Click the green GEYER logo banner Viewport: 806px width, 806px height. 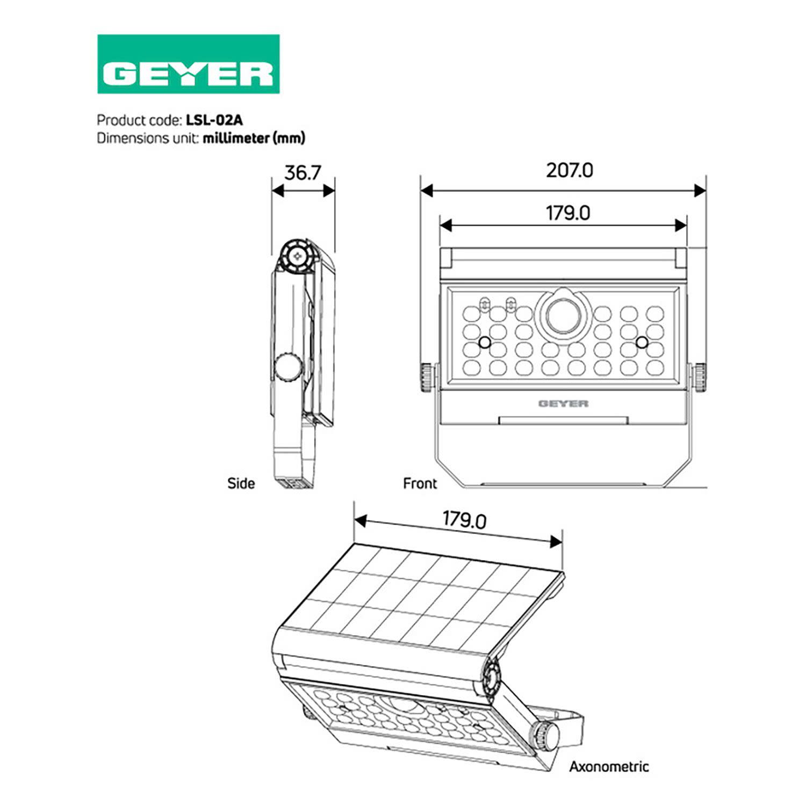[x=189, y=64]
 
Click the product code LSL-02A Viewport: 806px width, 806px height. [x=214, y=119]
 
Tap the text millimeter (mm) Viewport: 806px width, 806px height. [x=254, y=138]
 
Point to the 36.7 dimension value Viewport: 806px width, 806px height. [x=303, y=172]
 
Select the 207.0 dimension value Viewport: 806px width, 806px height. [x=570, y=170]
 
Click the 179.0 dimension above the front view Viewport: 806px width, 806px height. [x=568, y=213]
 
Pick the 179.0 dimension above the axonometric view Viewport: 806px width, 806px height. [x=464, y=520]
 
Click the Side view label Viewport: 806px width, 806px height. [x=241, y=483]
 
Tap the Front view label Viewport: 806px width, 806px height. [x=420, y=483]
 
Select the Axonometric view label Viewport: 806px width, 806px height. [x=609, y=766]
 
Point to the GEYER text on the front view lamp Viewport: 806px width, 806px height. [x=563, y=404]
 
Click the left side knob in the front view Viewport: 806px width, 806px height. [x=427, y=378]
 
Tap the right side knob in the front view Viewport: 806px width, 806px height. [x=700, y=378]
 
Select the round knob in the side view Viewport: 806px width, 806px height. [x=288, y=367]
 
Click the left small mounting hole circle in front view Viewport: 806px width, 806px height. [x=484, y=342]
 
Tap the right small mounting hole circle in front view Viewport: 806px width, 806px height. [x=642, y=342]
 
